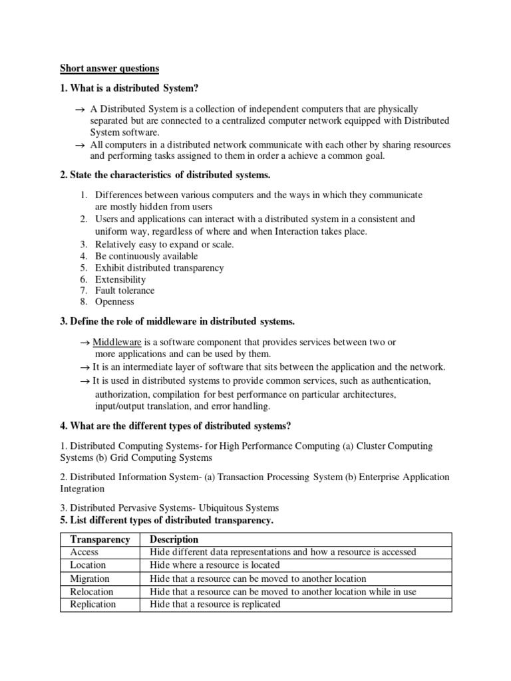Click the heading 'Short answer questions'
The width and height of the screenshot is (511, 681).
[110, 68]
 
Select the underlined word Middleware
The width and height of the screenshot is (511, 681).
[116, 342]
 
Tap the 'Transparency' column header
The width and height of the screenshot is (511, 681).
[100, 539]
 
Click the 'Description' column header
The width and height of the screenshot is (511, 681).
[174, 539]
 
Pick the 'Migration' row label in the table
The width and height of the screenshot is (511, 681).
[90, 579]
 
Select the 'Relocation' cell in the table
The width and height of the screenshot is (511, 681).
[92, 591]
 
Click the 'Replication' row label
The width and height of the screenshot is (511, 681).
[92, 604]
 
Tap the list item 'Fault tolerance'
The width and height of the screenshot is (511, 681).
[124, 291]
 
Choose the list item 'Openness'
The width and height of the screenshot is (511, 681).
[114, 302]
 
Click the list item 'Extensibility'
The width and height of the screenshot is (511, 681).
[120, 279]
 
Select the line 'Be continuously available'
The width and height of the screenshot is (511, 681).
[146, 256]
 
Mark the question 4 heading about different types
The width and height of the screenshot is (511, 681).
[176, 426]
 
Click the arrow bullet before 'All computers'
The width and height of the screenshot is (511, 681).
[80, 145]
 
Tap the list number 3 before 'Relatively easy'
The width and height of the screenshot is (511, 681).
[84, 245]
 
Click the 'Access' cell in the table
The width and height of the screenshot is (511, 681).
[85, 552]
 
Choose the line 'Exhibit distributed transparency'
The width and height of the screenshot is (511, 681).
[159, 267]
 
